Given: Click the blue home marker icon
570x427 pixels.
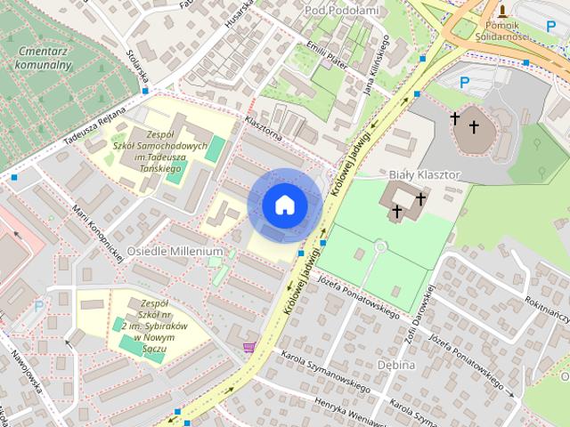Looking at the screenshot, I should [284, 205].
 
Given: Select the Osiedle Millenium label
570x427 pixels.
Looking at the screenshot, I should [175, 252].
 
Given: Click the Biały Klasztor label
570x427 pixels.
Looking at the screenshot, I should [424, 175].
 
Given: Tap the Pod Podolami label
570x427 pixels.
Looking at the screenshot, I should [341, 10].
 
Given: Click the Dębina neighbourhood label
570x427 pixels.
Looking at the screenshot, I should [395, 366].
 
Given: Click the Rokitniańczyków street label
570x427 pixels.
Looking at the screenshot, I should [548, 307].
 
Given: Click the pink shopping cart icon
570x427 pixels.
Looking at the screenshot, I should [249, 348].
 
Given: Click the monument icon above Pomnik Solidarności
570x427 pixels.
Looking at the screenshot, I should [502, 11].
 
